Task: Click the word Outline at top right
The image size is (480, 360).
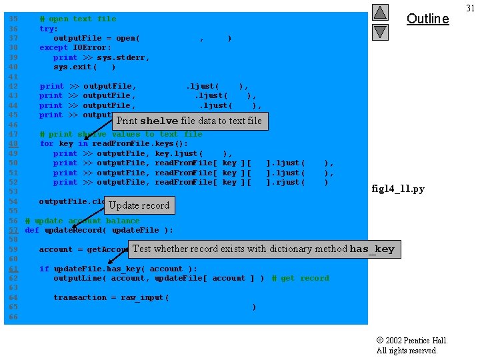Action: point(427,19)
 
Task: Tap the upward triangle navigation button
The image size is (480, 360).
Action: point(380,12)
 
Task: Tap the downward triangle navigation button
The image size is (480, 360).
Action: point(380,31)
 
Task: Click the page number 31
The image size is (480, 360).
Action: point(471,8)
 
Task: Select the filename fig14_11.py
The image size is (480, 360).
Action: point(398,189)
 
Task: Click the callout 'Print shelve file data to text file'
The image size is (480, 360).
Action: point(189,121)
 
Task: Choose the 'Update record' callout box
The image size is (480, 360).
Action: point(139,205)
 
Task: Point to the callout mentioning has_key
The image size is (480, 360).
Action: point(264,249)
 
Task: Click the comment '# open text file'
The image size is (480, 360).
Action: point(77,19)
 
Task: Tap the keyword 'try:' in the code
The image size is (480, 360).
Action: point(49,29)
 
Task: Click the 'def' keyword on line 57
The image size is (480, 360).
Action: point(32,231)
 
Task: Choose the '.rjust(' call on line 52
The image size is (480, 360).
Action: point(285,183)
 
